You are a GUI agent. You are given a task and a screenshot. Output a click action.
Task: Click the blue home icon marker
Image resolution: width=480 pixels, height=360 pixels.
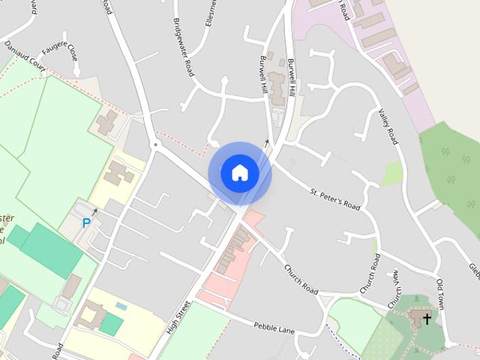click(x=239, y=172)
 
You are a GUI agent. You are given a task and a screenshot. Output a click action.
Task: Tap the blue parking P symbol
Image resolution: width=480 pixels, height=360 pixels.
click(x=86, y=223)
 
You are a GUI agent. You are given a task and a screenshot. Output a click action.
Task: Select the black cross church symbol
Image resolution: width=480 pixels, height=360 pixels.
click(x=427, y=319)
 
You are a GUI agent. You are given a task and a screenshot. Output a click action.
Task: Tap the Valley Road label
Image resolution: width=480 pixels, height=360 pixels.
click(x=390, y=124)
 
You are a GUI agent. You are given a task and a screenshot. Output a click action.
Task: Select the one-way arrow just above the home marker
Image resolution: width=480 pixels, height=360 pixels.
click(x=267, y=140)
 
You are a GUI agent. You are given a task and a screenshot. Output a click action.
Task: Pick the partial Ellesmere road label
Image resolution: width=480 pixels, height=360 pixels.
click(x=212, y=15)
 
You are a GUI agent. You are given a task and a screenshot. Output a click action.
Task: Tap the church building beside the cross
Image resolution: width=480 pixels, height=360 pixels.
click(x=417, y=319)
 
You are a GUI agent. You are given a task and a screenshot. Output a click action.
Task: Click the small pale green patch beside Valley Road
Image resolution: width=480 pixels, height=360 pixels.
click(x=391, y=174)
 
